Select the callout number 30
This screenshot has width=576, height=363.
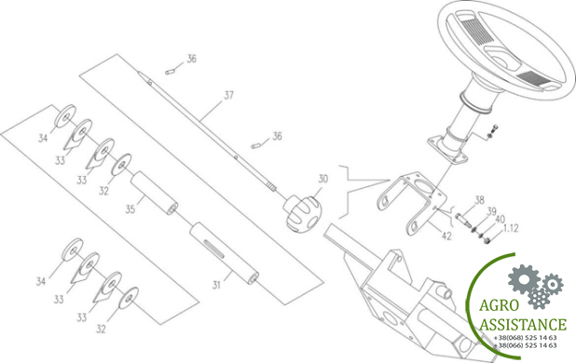(322, 178)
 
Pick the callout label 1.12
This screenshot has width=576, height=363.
(512, 227)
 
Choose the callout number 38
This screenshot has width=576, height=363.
(479, 200)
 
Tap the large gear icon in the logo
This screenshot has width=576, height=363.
(523, 279)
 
